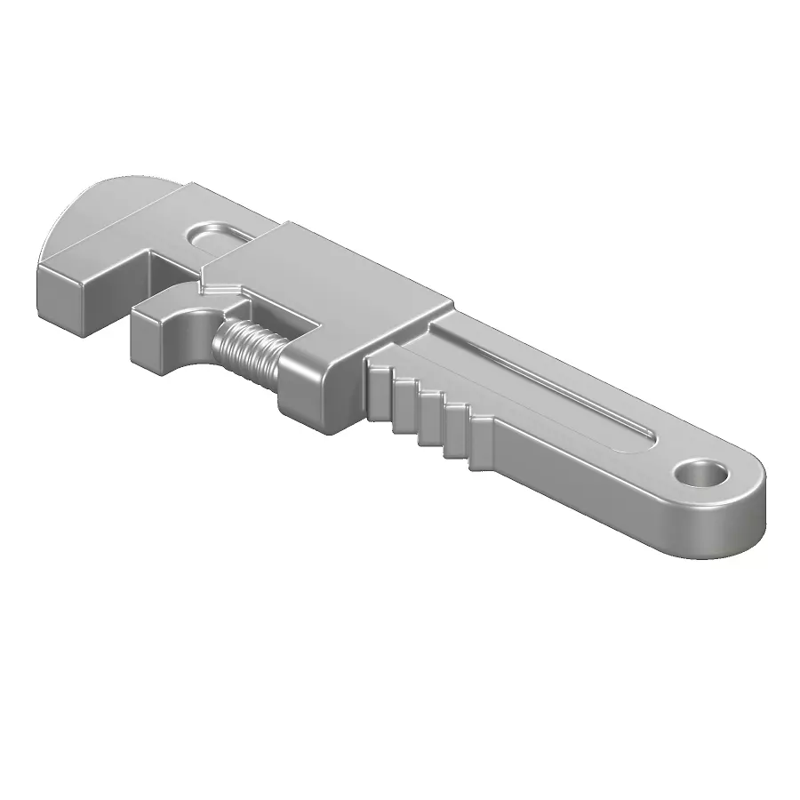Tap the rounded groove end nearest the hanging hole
[x=644, y=436]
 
